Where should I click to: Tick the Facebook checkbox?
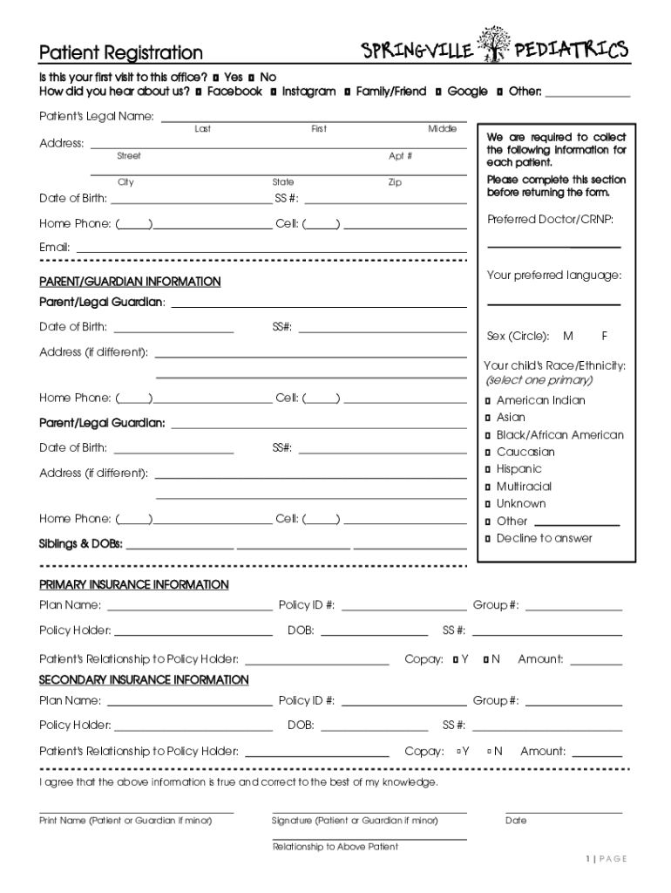(x=200, y=92)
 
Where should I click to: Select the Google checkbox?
(x=438, y=92)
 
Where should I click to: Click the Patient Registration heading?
(x=120, y=54)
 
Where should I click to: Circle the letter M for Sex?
(x=568, y=336)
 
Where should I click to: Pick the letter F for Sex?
(x=604, y=336)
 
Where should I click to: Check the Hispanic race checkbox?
(x=488, y=469)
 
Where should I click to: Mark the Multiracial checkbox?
(x=488, y=487)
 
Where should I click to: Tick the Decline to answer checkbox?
(x=488, y=538)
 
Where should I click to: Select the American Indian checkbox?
(x=488, y=401)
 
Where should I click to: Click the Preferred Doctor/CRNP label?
(x=544, y=219)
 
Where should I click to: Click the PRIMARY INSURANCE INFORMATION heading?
(x=134, y=584)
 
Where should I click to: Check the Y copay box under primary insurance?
(x=456, y=660)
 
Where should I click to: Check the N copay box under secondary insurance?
(x=491, y=751)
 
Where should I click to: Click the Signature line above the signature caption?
(x=369, y=812)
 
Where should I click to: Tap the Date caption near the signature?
(x=516, y=821)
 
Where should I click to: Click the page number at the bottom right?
(x=607, y=859)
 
